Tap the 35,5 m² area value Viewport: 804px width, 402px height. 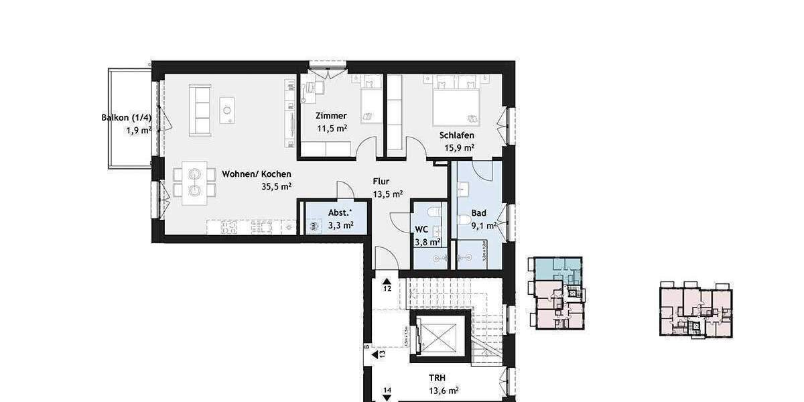pyautogui.click(x=276, y=187)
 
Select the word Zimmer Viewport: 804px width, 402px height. pyautogui.click(x=331, y=116)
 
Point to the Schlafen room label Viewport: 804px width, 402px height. pyautogui.click(x=457, y=135)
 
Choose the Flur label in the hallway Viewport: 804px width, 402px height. pyautogui.click(x=381, y=182)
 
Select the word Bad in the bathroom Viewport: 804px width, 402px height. pyautogui.click(x=478, y=213)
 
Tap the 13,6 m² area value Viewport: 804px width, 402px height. pyautogui.click(x=444, y=391)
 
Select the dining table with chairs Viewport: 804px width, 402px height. pyautogui.click(x=194, y=182)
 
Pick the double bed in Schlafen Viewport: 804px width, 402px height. pyautogui.click(x=456, y=104)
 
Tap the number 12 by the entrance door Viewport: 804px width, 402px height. pyautogui.click(x=387, y=289)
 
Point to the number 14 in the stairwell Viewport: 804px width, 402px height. pyautogui.click(x=387, y=390)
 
